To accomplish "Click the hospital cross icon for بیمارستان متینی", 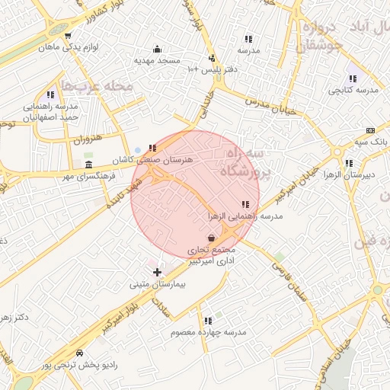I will click(x=158, y=272).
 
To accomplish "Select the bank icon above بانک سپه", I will click(x=370, y=129).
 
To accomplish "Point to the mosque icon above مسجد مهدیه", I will click(x=158, y=49).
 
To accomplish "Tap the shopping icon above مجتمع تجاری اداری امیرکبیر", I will click(x=211, y=238).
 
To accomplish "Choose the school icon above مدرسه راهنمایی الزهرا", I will click(x=245, y=204).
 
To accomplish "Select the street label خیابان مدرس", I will click(x=269, y=105).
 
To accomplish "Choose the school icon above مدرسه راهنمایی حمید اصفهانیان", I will click(x=50, y=95).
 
